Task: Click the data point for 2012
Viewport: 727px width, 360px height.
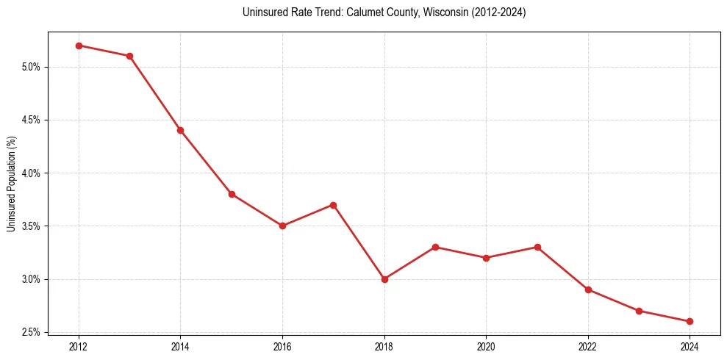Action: (79, 46)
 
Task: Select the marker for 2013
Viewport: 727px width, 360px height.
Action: (129, 56)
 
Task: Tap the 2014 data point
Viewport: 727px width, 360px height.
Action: (180, 130)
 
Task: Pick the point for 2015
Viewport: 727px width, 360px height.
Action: (232, 194)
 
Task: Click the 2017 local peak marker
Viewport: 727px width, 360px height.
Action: (333, 205)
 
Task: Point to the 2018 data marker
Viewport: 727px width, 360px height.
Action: (384, 279)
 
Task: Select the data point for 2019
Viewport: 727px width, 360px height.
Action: (435, 247)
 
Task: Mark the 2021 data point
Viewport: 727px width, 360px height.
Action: (537, 247)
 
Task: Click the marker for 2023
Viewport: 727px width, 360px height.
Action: (639, 311)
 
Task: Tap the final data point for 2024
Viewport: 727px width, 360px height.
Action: (690, 321)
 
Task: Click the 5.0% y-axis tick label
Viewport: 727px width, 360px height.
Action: (30, 67)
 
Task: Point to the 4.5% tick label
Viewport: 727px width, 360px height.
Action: (30, 120)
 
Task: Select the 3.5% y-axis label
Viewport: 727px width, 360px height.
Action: (30, 226)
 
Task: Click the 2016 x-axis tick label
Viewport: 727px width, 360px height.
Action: (282, 346)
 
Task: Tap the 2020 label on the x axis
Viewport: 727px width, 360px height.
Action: (486, 346)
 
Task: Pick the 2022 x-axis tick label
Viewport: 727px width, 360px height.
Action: (588, 346)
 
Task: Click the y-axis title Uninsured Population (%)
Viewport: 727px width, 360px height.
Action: (11, 183)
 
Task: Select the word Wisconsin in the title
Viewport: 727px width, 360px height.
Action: (423, 12)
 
